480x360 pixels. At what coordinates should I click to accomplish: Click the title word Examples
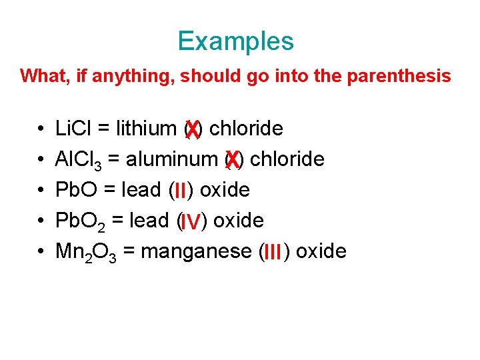[x=235, y=41]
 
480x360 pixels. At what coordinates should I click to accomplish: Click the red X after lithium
[x=192, y=129]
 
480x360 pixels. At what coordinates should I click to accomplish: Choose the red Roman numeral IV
[x=191, y=222]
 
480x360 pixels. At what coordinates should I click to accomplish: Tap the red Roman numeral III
[x=273, y=253]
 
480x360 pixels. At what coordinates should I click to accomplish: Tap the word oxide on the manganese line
[x=321, y=251]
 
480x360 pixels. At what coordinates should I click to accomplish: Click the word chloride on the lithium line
[x=246, y=128]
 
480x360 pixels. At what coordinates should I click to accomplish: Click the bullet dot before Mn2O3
[x=41, y=252]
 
